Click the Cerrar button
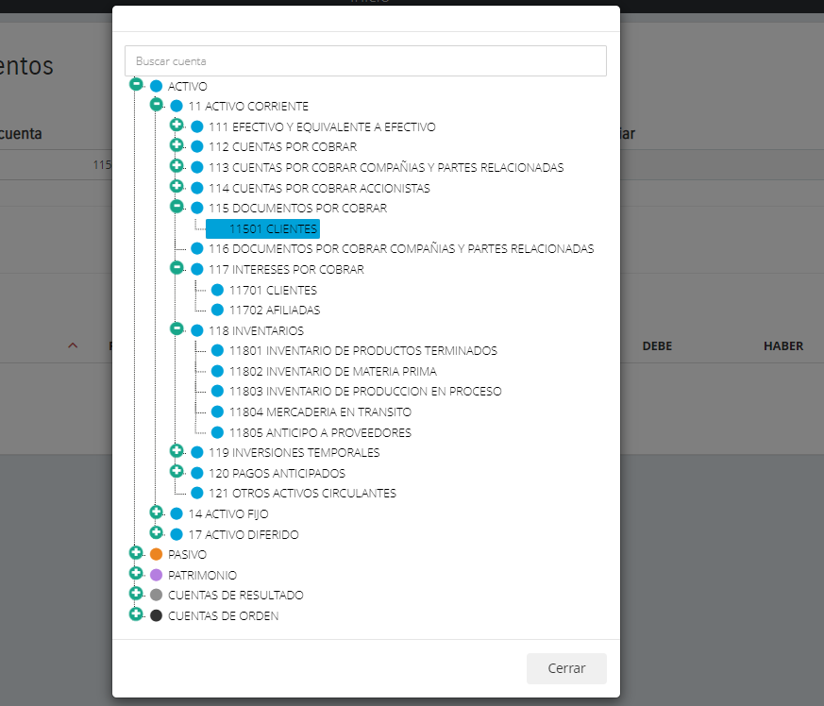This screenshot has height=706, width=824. tap(566, 668)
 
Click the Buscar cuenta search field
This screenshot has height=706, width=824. tap(365, 61)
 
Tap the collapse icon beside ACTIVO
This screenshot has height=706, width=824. tap(136, 84)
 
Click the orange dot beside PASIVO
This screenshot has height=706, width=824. tap(157, 554)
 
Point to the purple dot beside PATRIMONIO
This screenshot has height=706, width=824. tap(157, 575)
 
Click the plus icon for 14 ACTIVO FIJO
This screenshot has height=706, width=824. tap(157, 512)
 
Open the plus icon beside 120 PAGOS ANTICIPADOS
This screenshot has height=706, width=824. tap(177, 471)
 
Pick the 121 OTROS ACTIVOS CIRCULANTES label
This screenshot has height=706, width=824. tap(302, 493)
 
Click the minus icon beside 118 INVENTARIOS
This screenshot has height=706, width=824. tap(177, 328)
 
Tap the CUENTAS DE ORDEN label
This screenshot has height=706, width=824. tap(223, 616)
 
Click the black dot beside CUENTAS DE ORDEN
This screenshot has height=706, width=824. tap(157, 615)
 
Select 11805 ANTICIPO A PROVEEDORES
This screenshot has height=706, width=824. tap(320, 433)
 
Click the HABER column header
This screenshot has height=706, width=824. tap(782, 346)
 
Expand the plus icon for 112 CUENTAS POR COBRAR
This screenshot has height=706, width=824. tap(177, 144)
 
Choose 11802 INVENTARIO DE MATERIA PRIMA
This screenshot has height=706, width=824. tap(332, 371)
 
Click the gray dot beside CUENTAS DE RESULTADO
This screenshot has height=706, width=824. tap(157, 596)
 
